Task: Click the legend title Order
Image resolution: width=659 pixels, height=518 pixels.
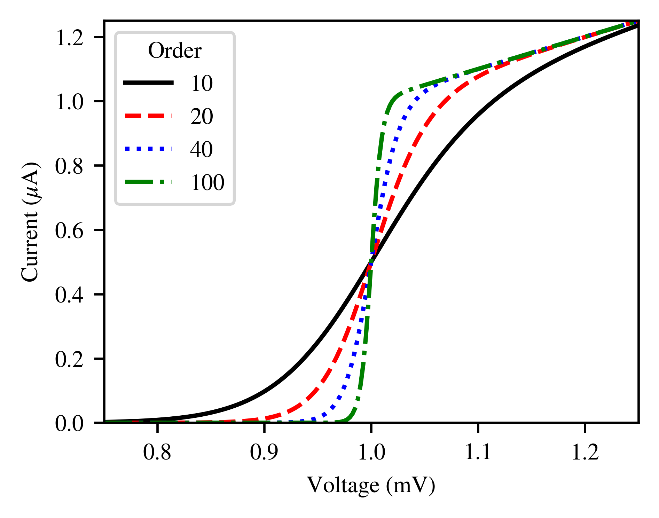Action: point(174,51)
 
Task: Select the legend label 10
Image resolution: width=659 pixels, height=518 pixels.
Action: point(202,84)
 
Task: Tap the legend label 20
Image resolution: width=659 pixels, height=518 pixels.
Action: point(202,116)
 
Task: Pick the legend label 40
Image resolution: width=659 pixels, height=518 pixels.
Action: point(202,149)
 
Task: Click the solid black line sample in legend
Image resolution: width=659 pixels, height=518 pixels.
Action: point(148,83)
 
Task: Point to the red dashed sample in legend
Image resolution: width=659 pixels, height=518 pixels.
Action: point(148,116)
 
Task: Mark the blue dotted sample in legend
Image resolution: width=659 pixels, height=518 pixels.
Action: point(148,149)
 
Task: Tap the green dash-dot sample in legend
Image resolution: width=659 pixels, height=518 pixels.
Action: point(148,182)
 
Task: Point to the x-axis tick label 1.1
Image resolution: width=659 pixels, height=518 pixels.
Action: point(478,453)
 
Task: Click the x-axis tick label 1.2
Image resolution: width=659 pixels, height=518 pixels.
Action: point(585,453)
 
